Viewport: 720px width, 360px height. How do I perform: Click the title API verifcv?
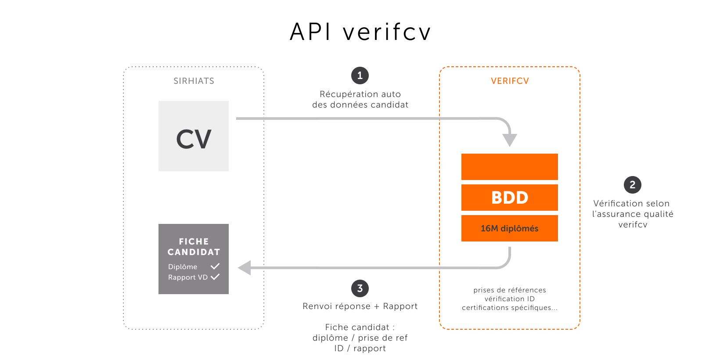tap(360, 32)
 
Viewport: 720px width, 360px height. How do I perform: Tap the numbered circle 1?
tap(360, 76)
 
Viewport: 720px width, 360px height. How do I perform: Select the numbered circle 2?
tap(632, 185)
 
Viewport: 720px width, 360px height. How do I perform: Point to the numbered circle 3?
tap(360, 288)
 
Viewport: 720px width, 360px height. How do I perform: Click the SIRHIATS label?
tap(194, 81)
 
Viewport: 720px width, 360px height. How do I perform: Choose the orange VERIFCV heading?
tap(510, 81)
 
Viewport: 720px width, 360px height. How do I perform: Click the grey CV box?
tap(194, 136)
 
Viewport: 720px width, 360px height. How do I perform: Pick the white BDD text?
tap(510, 198)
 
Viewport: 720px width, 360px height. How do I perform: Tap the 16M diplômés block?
tap(510, 228)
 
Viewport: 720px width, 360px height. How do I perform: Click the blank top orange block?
tap(510, 166)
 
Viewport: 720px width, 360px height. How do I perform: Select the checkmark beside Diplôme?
tap(215, 266)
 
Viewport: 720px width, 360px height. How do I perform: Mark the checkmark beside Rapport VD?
tap(215, 277)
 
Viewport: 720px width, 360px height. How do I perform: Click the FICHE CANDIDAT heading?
tap(194, 247)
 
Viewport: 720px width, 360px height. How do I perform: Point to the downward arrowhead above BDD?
tap(510, 140)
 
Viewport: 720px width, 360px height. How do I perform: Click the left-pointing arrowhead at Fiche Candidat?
tap(245, 268)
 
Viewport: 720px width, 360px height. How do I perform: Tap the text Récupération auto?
tap(360, 94)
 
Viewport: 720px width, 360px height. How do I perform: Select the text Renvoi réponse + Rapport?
tap(360, 306)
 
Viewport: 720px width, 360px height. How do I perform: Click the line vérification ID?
tap(510, 299)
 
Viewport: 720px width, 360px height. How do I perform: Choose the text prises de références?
tap(510, 290)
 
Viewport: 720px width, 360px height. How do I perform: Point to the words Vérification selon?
tap(631, 203)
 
